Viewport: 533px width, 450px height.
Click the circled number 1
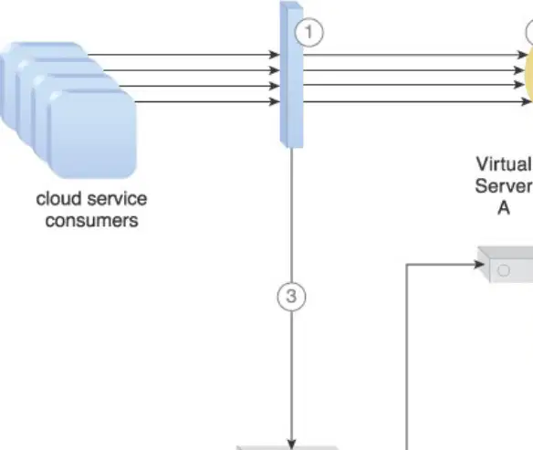pos(309,33)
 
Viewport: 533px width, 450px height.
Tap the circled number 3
pos(292,297)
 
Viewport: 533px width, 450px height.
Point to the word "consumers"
pos(92,221)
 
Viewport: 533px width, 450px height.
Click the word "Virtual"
pos(504,163)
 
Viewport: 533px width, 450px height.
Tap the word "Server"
pos(504,186)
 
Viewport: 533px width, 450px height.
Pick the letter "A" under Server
pos(504,208)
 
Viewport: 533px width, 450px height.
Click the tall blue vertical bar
pos(291,75)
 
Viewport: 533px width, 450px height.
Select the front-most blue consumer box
pos(92,134)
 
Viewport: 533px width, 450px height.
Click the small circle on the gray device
pos(504,271)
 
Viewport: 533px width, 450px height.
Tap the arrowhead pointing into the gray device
pos(480,264)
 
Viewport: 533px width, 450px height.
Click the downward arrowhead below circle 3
pos(292,444)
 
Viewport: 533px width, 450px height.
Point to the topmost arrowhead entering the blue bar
pos(274,55)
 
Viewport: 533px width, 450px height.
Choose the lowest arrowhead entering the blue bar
pos(274,101)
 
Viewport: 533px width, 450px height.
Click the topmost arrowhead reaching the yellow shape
pos(522,55)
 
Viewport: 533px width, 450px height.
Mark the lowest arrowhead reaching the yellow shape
pos(526,101)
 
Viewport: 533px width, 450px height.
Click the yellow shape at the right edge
pos(529,78)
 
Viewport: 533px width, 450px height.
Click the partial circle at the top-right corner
pos(529,33)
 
